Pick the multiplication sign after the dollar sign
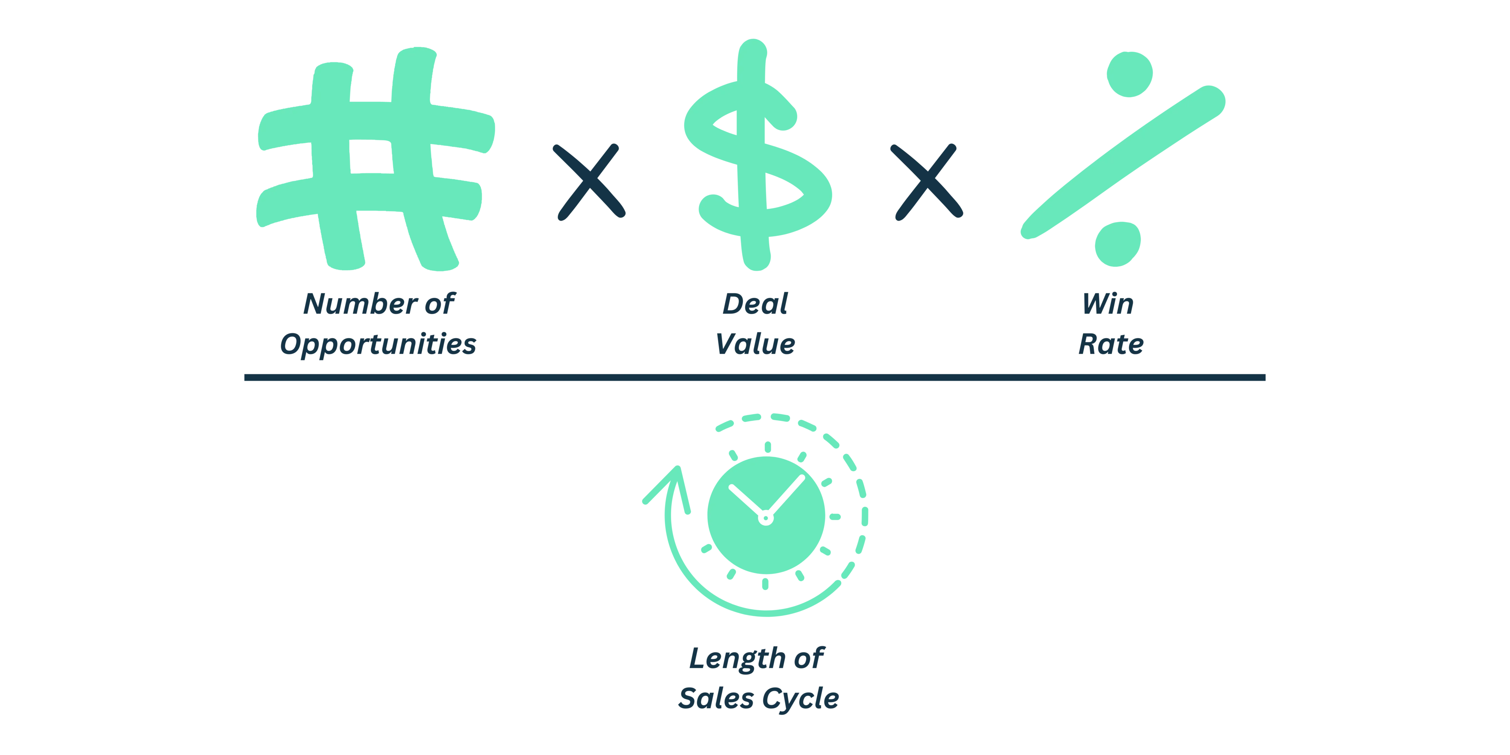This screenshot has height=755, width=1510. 926,182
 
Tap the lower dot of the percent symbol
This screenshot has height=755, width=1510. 1117,244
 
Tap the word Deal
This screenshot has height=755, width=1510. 755,305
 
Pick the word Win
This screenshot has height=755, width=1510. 1108,305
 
